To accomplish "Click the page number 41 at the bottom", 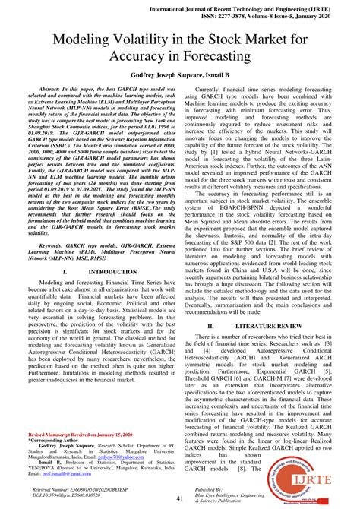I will [180, 498].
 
